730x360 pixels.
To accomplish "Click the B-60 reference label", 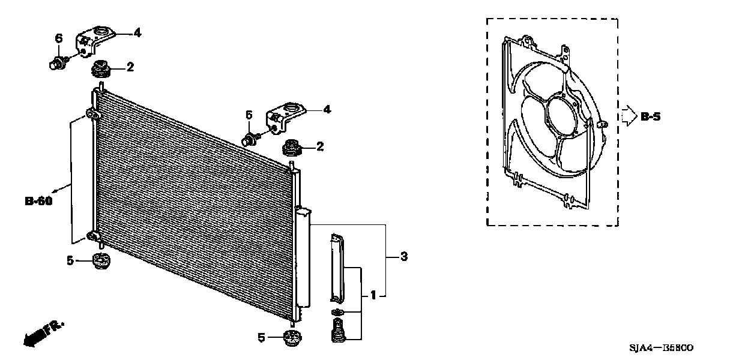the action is pyautogui.click(x=38, y=201).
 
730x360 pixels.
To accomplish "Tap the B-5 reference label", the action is pyautogui.click(x=650, y=117).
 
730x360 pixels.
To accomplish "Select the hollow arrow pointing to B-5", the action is pyautogui.click(x=627, y=116).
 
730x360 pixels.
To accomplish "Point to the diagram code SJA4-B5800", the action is pyautogui.click(x=662, y=348).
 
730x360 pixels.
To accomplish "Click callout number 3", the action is pyautogui.click(x=404, y=257).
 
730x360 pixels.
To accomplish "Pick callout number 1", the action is pyautogui.click(x=373, y=295).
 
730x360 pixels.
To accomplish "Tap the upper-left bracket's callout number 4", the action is pyautogui.click(x=137, y=33).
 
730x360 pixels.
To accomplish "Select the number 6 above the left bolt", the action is pyautogui.click(x=59, y=38).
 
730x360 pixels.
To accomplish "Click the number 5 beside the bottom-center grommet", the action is pyautogui.click(x=261, y=338).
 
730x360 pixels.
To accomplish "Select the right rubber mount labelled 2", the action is pyautogui.click(x=295, y=146).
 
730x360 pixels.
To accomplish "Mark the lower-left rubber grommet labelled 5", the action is pyautogui.click(x=101, y=262).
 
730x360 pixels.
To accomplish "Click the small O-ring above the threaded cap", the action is pyautogui.click(x=336, y=312).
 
